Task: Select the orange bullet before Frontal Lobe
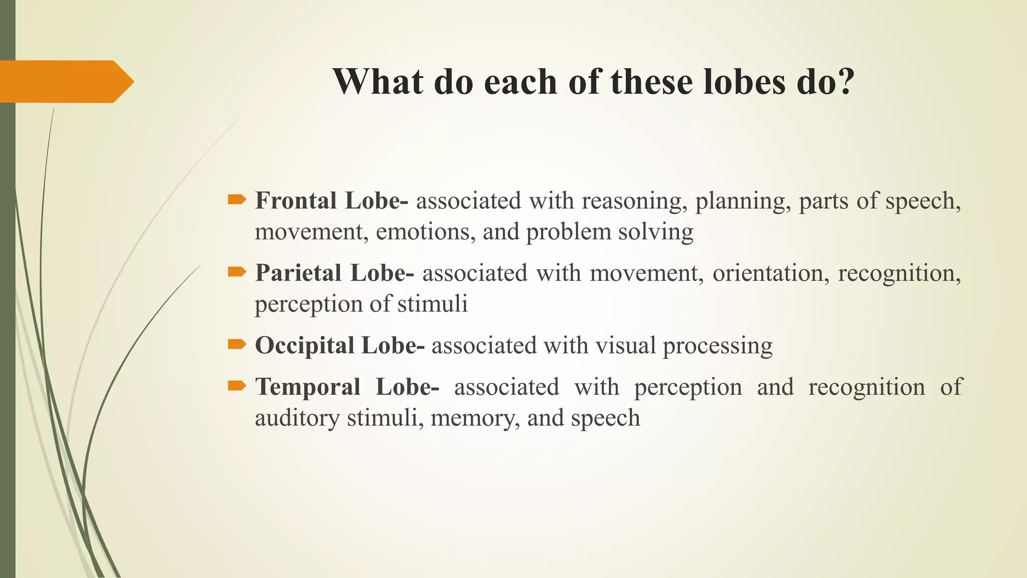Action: (x=237, y=200)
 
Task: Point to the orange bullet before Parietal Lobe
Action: (x=237, y=272)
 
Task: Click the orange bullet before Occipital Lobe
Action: (x=237, y=345)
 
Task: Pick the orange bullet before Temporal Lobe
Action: (x=237, y=386)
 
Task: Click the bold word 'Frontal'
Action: (x=296, y=201)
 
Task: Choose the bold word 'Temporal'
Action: (x=307, y=387)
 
